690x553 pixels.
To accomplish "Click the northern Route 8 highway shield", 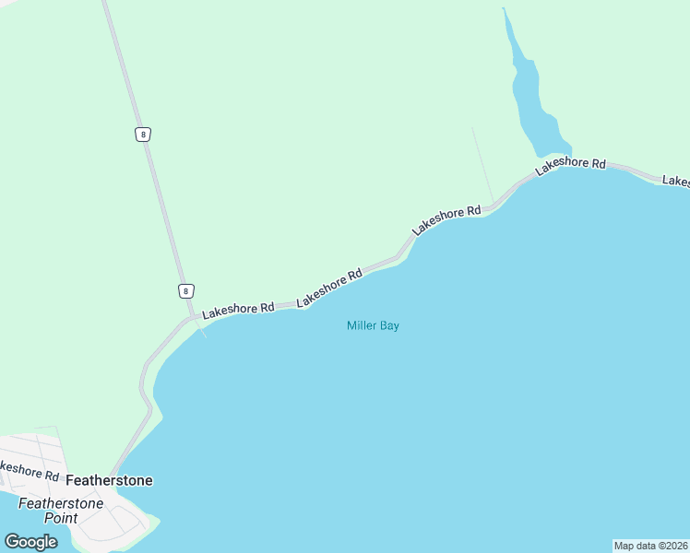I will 141,134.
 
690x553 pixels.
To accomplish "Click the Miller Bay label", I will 373,325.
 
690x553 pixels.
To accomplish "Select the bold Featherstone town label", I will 109,480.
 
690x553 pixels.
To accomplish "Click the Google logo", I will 30,542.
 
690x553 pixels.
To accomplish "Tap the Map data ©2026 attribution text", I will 650,546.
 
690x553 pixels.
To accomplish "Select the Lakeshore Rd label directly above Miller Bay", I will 329,288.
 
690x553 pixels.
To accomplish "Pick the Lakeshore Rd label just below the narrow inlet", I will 570,164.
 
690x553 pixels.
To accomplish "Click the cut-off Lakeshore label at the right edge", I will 676,181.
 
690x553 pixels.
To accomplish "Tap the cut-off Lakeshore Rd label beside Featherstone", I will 28,470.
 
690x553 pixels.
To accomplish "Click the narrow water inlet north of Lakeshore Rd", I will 530,101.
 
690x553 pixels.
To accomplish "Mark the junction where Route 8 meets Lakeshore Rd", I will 191,318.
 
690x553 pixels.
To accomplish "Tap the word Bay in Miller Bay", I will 389,325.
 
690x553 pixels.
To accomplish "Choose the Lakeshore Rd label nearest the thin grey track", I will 446,218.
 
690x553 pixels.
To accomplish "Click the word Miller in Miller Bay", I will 362,325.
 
